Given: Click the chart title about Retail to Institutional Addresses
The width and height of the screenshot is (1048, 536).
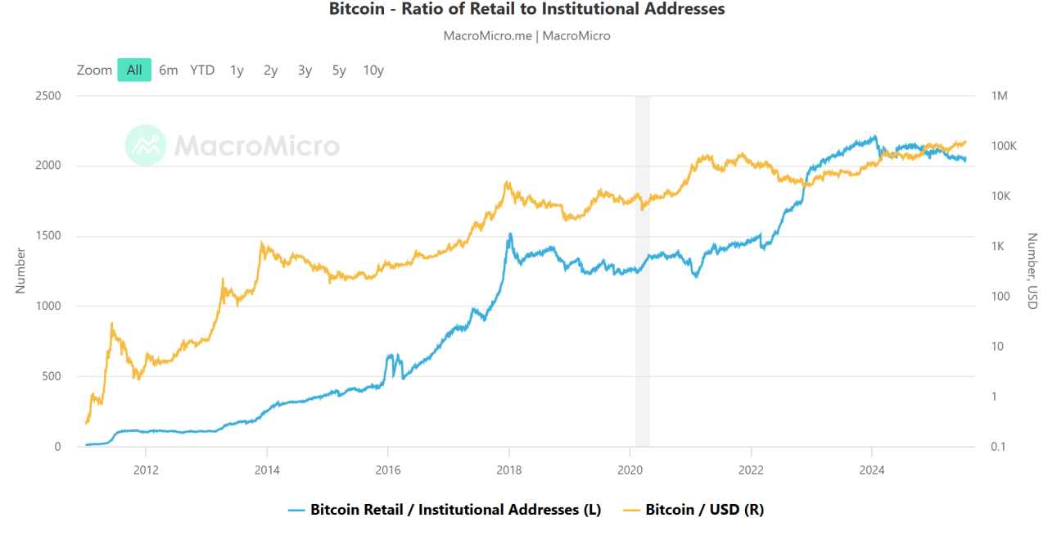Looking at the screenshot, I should (x=527, y=10).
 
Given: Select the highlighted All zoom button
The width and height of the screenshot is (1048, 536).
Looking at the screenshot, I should (x=134, y=70).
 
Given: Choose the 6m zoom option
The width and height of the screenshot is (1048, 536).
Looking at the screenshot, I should (x=168, y=70).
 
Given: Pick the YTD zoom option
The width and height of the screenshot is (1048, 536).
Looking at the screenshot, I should (x=202, y=70).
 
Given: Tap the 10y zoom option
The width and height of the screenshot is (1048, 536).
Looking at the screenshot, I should (x=373, y=70).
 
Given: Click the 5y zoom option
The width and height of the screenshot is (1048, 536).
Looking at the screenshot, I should (x=339, y=70).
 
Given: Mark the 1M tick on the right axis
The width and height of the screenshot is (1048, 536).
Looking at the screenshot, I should (x=999, y=96).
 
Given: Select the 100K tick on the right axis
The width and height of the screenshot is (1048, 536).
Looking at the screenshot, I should (x=1003, y=146).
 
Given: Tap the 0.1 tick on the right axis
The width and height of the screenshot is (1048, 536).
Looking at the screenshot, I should (x=998, y=447).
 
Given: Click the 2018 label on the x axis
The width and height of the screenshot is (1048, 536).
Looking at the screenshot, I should (x=509, y=470).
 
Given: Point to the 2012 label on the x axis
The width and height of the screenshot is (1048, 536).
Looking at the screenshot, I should (x=146, y=470).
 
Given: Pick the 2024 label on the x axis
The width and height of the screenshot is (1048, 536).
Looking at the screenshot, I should (x=872, y=470).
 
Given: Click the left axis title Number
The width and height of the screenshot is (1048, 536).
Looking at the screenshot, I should (x=20, y=271).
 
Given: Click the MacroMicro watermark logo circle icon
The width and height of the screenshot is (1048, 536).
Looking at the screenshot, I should (x=146, y=145).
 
